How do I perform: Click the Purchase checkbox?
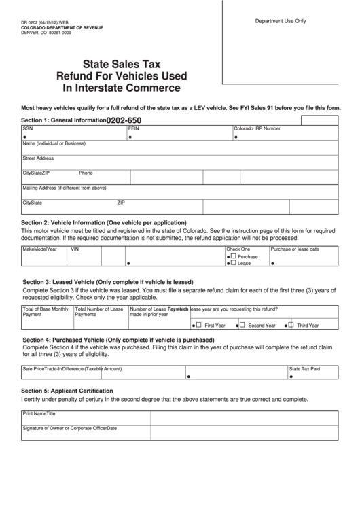point(234,257)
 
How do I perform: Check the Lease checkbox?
point(234,263)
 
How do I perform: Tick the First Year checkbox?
point(198,325)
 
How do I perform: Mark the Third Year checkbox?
point(291,325)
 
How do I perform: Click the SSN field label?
point(27,128)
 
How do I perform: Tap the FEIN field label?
point(133,128)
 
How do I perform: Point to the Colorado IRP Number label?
point(257,128)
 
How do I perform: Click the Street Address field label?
point(38,158)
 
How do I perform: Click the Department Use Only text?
point(280,21)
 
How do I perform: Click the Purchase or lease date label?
point(295,249)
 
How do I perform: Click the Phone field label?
point(86,173)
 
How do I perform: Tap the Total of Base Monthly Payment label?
point(46,311)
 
